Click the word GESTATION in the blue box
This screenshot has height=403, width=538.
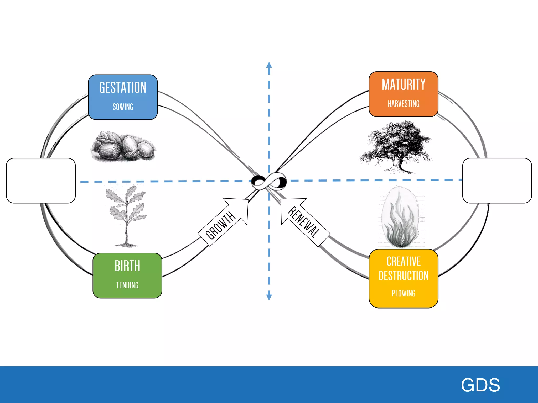click(123, 88)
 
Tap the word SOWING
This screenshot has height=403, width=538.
click(123, 107)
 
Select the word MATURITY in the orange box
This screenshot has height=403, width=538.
click(403, 84)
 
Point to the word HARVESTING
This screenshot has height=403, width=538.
click(403, 104)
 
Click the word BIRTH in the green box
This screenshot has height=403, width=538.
click(127, 266)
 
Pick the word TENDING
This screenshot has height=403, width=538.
click(127, 285)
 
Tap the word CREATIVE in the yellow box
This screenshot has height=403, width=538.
click(403, 261)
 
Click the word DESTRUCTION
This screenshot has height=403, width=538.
click(403, 276)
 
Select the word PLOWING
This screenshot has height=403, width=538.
click(403, 293)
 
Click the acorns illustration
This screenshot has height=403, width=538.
click(123, 146)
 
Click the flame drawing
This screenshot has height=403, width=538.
click(401, 218)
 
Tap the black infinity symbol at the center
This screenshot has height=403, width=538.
click(269, 181)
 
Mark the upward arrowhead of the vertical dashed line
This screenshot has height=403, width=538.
click(269, 65)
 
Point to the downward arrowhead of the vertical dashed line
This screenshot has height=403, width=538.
click(269, 297)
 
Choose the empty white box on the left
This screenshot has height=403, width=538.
click(41, 181)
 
